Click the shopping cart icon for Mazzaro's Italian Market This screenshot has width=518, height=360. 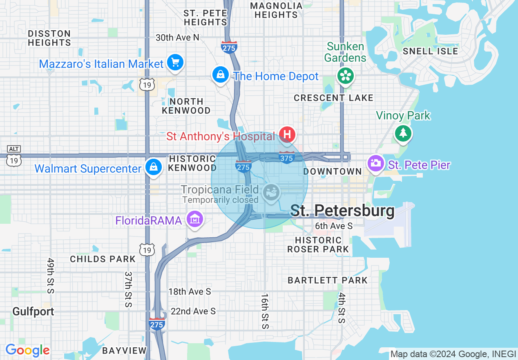click(x=176, y=63)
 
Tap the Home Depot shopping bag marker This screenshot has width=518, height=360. click(x=221, y=74)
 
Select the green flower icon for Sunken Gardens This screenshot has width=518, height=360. click(x=346, y=75)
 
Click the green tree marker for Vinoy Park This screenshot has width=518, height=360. click(x=403, y=133)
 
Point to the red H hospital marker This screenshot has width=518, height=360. click(x=287, y=134)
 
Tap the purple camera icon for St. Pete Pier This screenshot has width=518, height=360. click(x=375, y=163)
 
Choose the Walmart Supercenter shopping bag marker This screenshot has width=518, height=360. click(x=153, y=167)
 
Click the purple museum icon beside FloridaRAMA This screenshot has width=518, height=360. click(x=195, y=219)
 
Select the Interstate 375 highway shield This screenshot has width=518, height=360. click(x=287, y=157)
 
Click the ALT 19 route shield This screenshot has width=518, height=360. click(x=14, y=156)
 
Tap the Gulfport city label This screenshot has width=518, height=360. click(x=33, y=311)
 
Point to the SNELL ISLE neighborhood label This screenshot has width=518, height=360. click(x=430, y=51)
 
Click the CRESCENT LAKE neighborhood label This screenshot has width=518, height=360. click(x=333, y=98)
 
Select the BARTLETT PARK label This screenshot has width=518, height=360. click(x=328, y=280)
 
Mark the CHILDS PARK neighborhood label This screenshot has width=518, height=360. click(x=103, y=259)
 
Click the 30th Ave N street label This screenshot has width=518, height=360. click(x=177, y=38)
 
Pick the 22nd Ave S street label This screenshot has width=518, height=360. click(x=193, y=311)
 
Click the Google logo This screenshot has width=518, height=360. click(x=27, y=350)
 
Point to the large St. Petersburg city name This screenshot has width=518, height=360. click(x=342, y=211)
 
